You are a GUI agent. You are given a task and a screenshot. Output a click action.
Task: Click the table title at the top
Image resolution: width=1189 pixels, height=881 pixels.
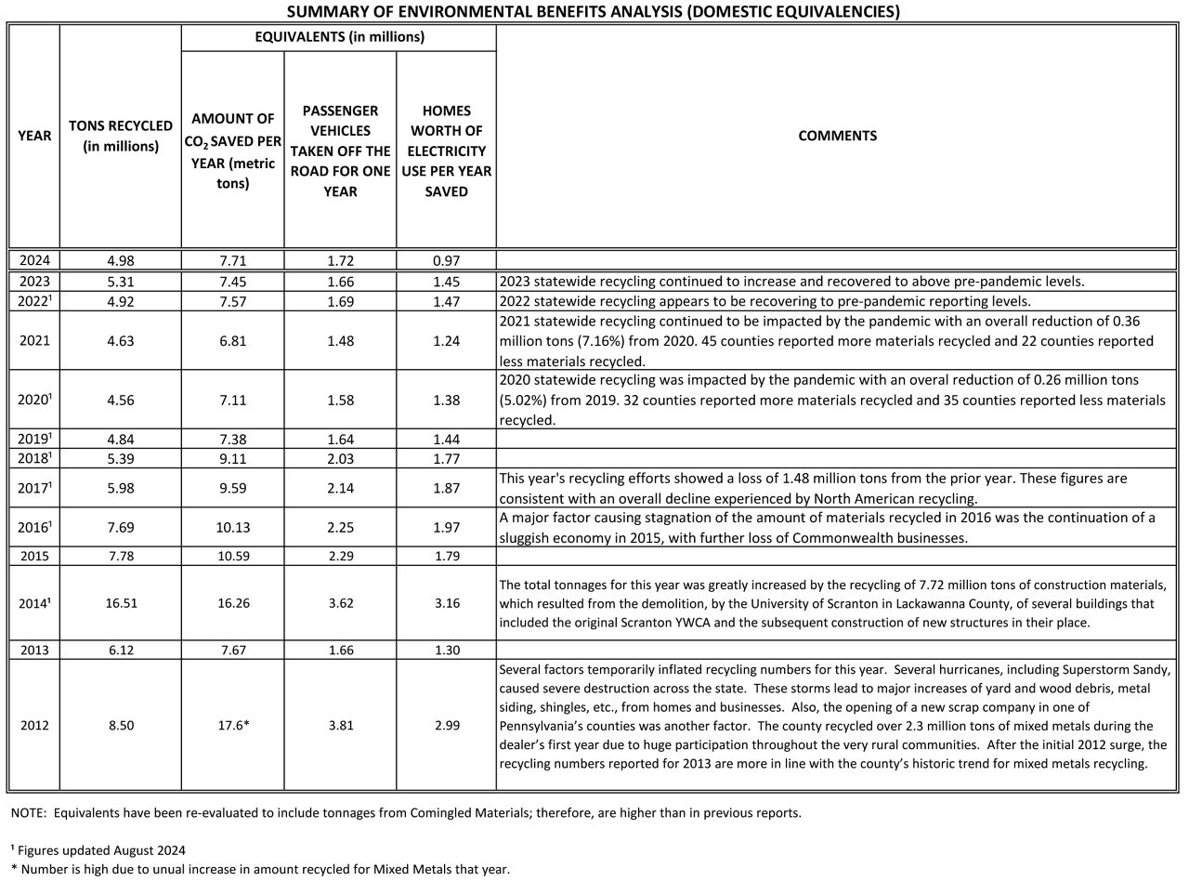click(593, 11)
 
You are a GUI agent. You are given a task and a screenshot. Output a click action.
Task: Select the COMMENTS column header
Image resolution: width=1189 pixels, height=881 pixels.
click(837, 136)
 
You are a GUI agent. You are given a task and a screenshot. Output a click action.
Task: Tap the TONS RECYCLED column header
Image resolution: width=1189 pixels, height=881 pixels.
click(121, 136)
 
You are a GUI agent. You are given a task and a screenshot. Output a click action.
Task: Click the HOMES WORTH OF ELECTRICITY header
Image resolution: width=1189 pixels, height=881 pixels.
click(446, 151)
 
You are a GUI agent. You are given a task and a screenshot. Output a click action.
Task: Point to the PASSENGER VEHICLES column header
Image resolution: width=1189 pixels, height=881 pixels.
click(340, 151)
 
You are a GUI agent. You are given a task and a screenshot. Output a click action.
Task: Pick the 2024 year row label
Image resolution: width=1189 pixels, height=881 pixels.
click(34, 260)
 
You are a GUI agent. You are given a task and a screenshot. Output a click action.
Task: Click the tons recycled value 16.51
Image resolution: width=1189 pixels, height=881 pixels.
click(121, 602)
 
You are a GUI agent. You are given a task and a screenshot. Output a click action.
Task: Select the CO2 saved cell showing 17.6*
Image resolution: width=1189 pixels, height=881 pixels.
click(232, 725)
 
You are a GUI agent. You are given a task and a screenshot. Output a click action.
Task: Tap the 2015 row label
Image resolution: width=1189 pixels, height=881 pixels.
click(34, 556)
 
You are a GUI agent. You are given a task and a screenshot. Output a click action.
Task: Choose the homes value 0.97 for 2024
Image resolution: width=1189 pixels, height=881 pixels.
click(446, 260)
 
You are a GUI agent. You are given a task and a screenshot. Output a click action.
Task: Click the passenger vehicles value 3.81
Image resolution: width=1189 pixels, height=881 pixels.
click(340, 725)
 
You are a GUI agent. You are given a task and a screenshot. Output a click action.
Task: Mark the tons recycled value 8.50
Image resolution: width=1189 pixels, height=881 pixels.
click(121, 725)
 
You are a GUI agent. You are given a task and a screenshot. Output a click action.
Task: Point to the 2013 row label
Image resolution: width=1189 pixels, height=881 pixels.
click(34, 650)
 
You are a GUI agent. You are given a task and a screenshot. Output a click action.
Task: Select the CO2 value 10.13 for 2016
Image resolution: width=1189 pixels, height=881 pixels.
click(232, 527)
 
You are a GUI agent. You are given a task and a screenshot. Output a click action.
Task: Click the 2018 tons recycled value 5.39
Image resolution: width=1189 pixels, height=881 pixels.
click(121, 457)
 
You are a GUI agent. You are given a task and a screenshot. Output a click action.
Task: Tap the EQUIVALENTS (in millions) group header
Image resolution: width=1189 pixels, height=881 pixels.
click(339, 37)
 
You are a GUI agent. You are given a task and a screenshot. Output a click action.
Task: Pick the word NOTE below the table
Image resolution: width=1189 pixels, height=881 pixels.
click(28, 812)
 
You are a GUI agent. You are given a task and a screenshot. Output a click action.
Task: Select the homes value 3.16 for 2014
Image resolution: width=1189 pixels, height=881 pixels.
click(446, 602)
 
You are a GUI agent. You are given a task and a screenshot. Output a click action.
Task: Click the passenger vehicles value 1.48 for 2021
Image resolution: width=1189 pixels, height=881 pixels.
click(340, 340)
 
